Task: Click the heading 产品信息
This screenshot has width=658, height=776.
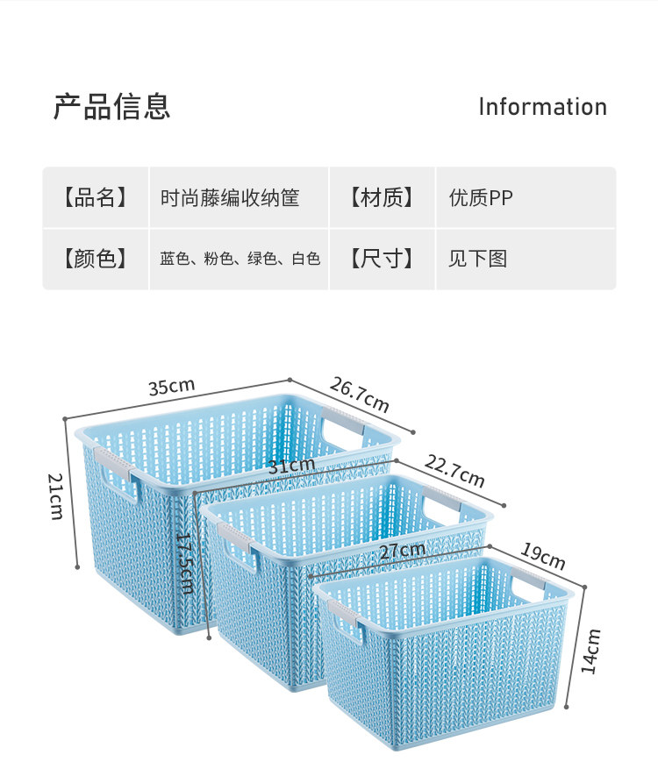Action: [x=111, y=106]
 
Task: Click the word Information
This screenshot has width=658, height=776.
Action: [x=542, y=107]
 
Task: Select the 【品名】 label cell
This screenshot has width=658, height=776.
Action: [x=95, y=197]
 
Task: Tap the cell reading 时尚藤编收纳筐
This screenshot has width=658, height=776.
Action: [x=230, y=198]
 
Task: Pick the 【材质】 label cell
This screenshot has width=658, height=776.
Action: [x=382, y=197]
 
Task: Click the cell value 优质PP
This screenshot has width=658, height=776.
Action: [x=481, y=198]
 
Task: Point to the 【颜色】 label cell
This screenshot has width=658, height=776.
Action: [x=95, y=259]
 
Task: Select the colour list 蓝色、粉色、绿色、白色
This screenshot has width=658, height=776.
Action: [x=240, y=259]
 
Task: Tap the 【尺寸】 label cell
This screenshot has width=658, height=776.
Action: [x=382, y=259]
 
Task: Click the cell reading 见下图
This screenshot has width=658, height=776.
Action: [x=478, y=259]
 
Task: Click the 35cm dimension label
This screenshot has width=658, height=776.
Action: [x=171, y=387]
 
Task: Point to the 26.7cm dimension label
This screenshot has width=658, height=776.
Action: [x=359, y=394]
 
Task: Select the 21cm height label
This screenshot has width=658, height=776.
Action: [x=55, y=495]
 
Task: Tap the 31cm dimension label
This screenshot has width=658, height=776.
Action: [x=291, y=466]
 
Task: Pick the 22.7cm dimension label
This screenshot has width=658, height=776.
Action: [x=454, y=472]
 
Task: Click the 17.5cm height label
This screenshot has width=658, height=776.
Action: [x=185, y=563]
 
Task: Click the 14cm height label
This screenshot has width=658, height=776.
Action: [x=593, y=650]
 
